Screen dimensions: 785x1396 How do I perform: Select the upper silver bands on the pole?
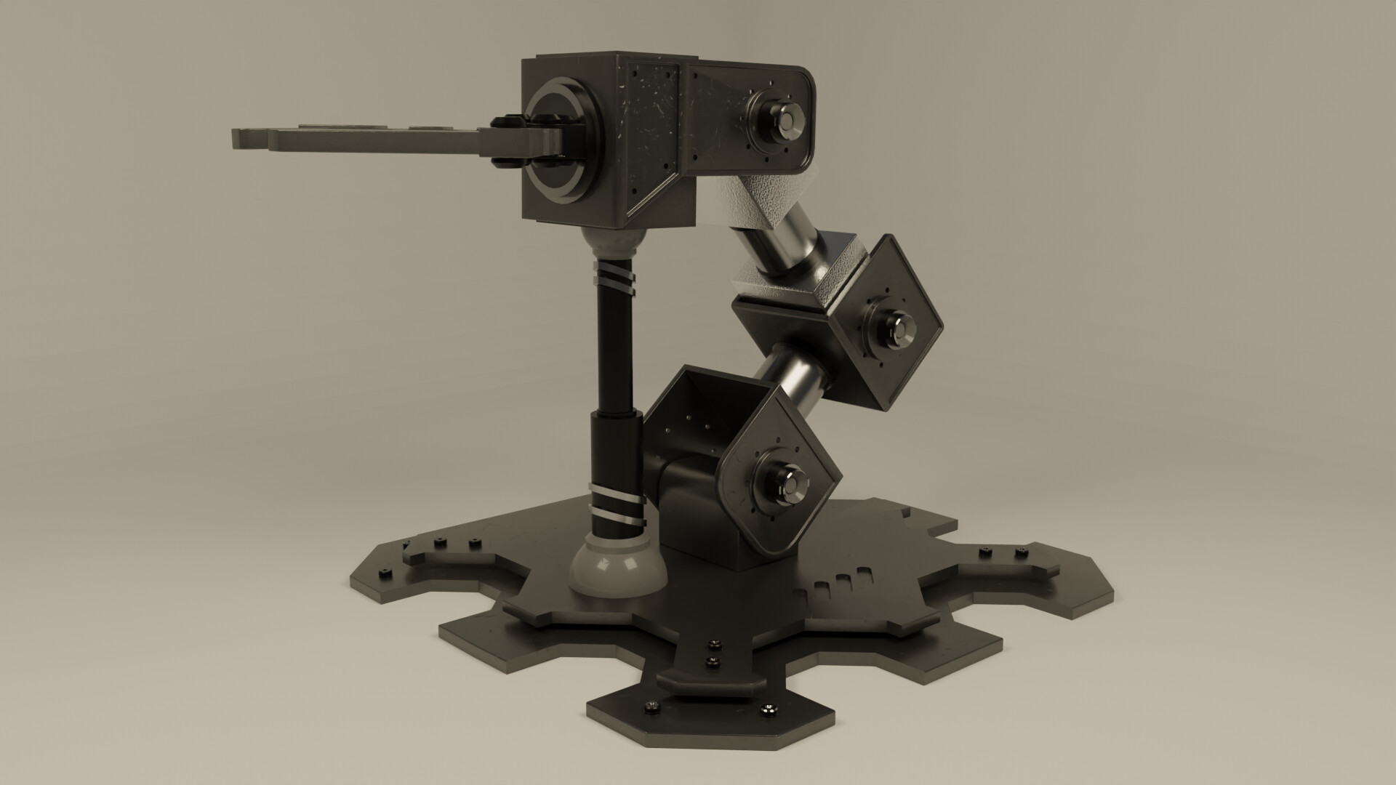(x=614, y=284)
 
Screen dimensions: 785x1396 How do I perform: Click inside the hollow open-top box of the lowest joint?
(x=698, y=414)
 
